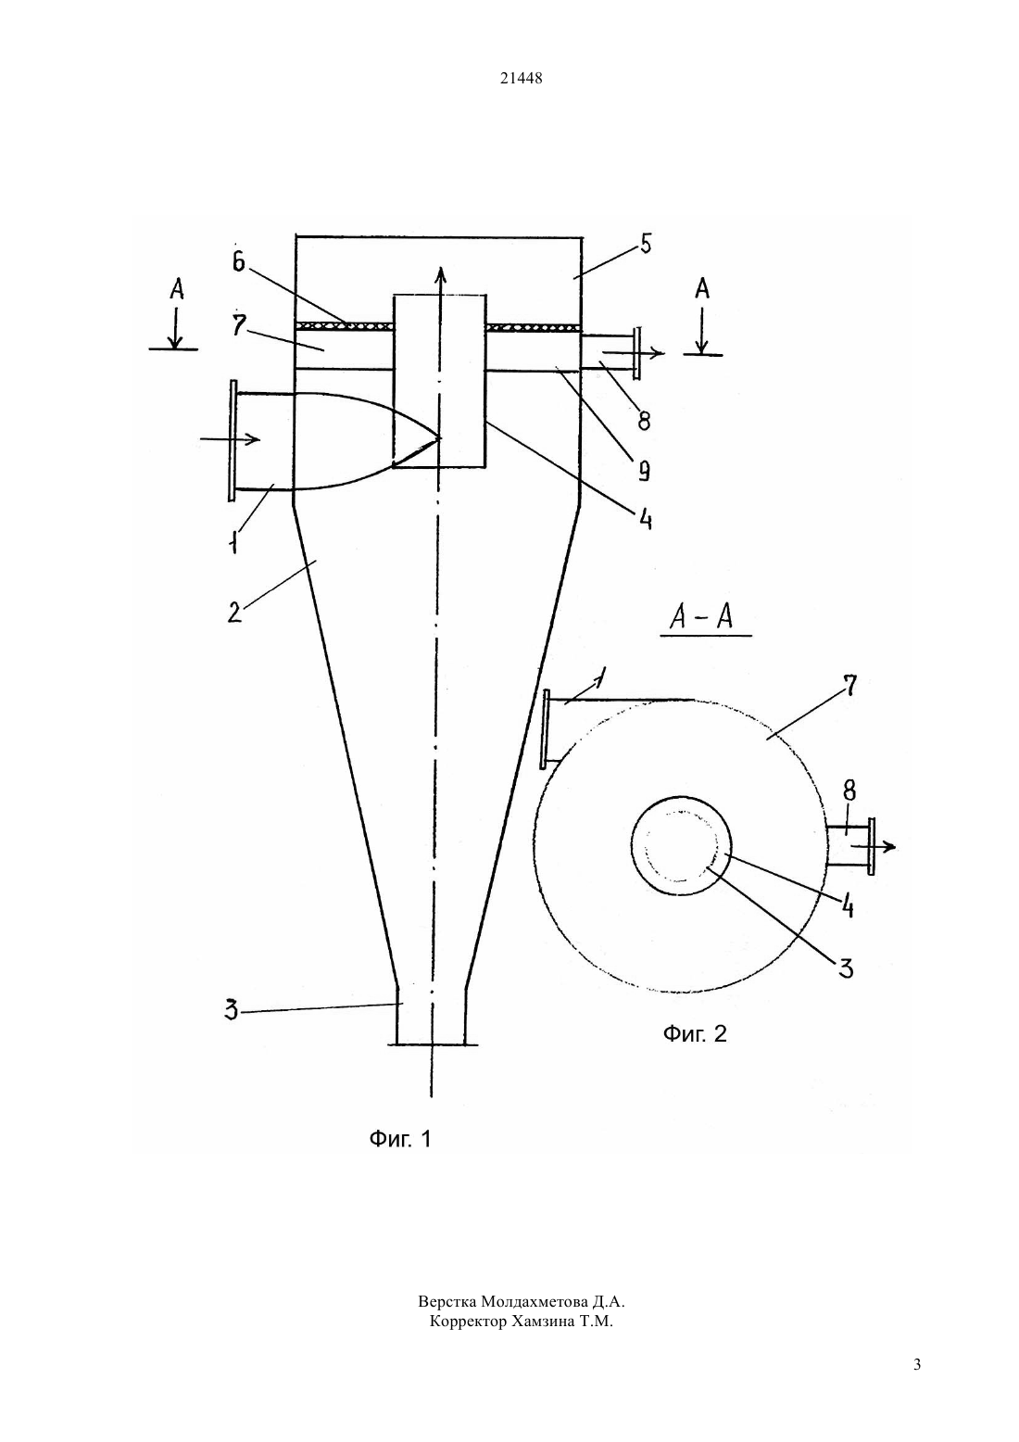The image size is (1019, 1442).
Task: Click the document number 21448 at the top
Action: click(x=521, y=79)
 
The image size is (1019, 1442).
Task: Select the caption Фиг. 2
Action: click(x=695, y=1034)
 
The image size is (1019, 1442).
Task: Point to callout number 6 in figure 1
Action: click(x=239, y=263)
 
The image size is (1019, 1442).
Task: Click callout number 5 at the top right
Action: click(x=646, y=245)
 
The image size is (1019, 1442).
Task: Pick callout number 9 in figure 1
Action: click(x=643, y=472)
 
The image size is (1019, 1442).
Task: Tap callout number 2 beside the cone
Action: click(x=234, y=612)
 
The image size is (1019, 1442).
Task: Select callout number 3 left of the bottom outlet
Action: click(x=231, y=1009)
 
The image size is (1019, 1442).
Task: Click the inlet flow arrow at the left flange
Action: click(x=230, y=439)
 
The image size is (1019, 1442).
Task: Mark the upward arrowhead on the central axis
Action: click(x=441, y=272)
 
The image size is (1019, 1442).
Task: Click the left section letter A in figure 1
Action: click(x=177, y=289)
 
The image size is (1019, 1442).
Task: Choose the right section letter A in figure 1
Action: click(x=702, y=288)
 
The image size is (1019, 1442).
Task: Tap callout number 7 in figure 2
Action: click(x=849, y=686)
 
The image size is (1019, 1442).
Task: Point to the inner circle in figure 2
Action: click(x=632, y=844)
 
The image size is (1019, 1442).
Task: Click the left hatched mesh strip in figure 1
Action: click(x=345, y=326)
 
